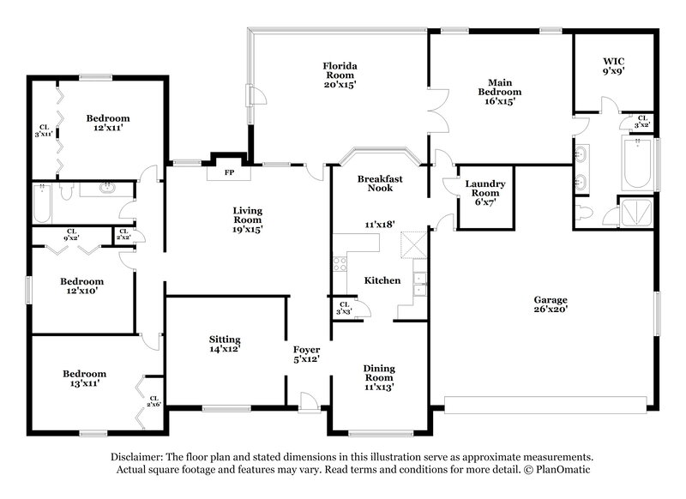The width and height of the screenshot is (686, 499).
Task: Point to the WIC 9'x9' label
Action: coord(612,67)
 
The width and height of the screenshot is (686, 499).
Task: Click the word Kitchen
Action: coord(382,281)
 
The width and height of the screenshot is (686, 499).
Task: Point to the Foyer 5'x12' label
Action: coord(306,355)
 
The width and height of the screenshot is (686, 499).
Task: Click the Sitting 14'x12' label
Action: coord(224,344)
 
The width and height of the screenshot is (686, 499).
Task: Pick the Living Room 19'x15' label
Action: coord(247,219)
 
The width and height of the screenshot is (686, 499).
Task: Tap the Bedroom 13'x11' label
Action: coord(84,378)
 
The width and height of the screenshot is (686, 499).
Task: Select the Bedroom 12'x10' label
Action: coord(81,286)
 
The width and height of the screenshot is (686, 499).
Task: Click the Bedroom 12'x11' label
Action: coord(107,123)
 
